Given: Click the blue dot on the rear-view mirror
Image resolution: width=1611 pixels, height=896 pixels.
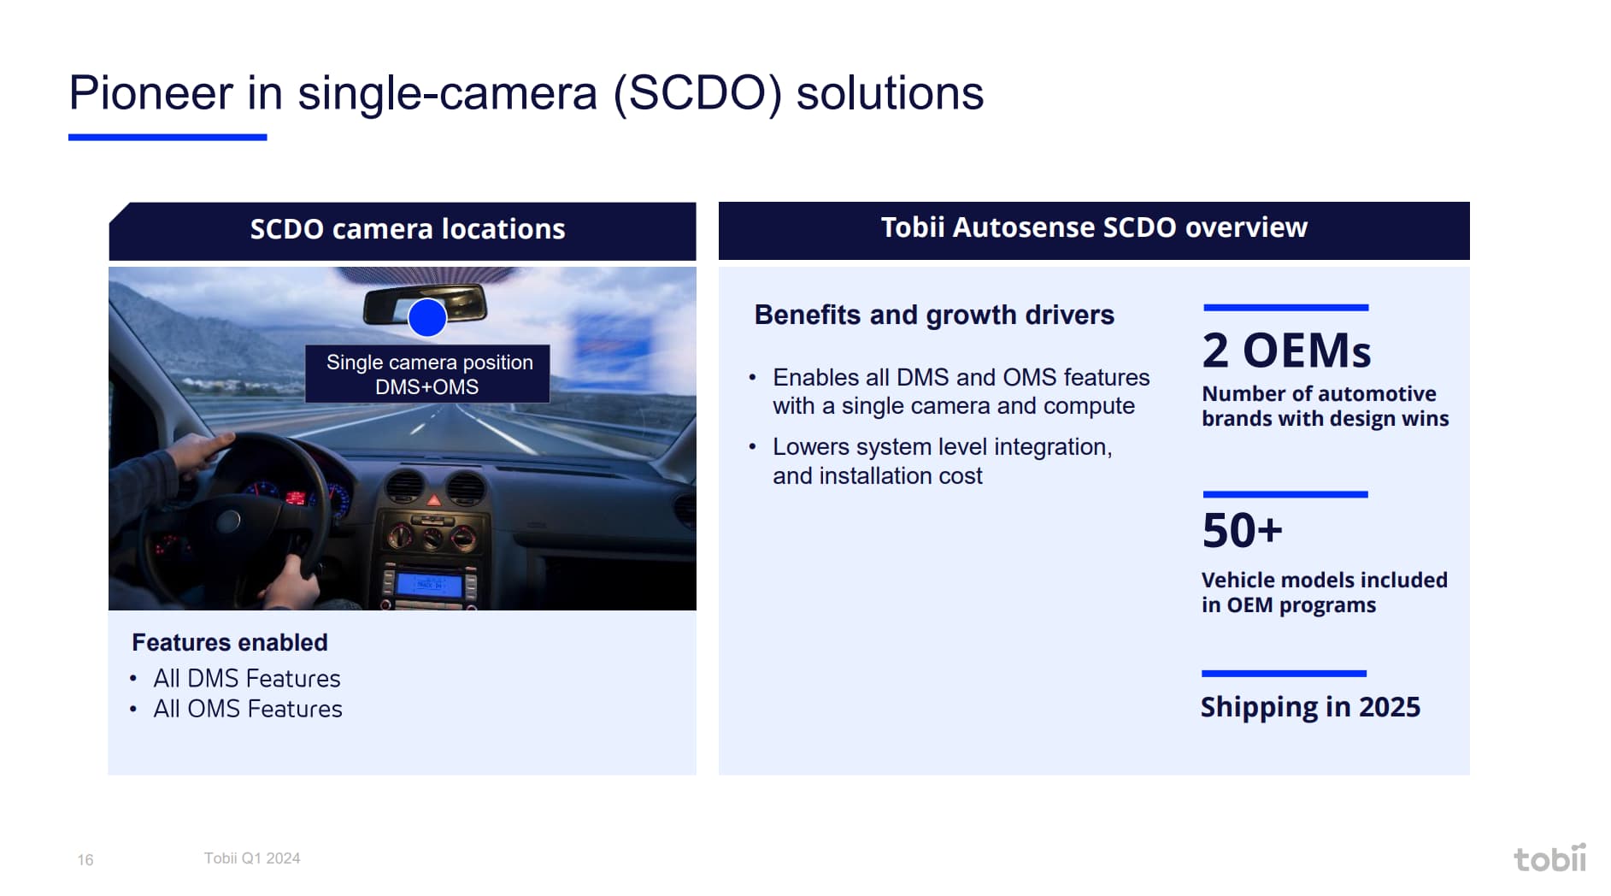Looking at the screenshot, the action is click(x=427, y=317).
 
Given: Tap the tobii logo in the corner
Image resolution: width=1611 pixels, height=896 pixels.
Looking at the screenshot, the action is click(x=1549, y=858).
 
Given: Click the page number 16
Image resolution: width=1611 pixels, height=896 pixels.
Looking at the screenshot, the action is click(x=85, y=859).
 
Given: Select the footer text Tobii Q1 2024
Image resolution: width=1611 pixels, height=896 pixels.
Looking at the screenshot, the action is click(x=252, y=858).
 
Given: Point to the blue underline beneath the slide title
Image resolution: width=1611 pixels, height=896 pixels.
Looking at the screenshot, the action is click(x=168, y=137).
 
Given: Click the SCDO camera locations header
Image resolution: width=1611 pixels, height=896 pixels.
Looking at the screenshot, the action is click(x=407, y=229).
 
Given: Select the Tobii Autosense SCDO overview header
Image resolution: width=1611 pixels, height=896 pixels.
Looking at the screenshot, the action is click(x=1094, y=227).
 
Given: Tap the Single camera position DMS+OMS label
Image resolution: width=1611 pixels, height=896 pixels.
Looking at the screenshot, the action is click(x=428, y=374).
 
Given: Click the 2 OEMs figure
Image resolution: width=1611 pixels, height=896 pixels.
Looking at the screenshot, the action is click(x=1286, y=350).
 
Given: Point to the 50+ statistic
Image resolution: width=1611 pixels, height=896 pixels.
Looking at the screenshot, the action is click(x=1242, y=530).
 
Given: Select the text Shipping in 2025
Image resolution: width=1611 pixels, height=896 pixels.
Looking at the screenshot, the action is click(x=1310, y=707).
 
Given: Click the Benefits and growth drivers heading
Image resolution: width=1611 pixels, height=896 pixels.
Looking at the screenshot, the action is click(x=934, y=315).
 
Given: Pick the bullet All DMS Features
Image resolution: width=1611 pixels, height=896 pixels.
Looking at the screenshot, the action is click(x=246, y=678).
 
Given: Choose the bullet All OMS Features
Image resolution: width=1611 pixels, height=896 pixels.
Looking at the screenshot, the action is click(x=247, y=709).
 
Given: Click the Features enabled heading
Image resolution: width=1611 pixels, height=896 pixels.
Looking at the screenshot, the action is click(x=230, y=642).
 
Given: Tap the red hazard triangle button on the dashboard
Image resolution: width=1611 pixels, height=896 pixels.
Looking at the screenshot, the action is click(x=434, y=499).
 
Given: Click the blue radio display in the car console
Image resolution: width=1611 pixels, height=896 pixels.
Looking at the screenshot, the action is click(x=428, y=585).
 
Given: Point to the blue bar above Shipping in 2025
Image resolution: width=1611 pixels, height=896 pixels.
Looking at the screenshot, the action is click(x=1284, y=674).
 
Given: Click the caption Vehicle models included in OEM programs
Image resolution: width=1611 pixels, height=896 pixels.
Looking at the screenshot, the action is click(x=1324, y=592).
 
